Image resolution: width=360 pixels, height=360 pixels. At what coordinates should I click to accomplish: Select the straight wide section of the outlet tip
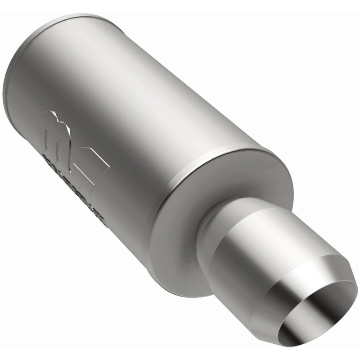coord(252,252)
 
